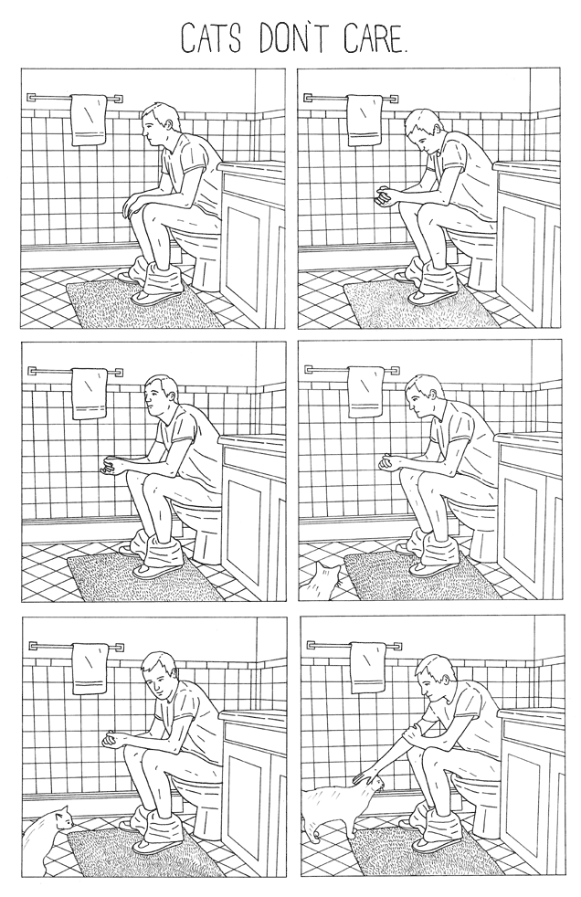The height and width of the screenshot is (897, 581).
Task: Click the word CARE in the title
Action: tap(371, 38)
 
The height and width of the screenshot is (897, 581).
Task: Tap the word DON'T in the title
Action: tap(292, 38)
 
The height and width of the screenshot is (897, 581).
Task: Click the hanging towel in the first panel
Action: tap(89, 121)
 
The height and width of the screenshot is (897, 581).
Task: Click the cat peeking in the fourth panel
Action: tap(322, 582)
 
